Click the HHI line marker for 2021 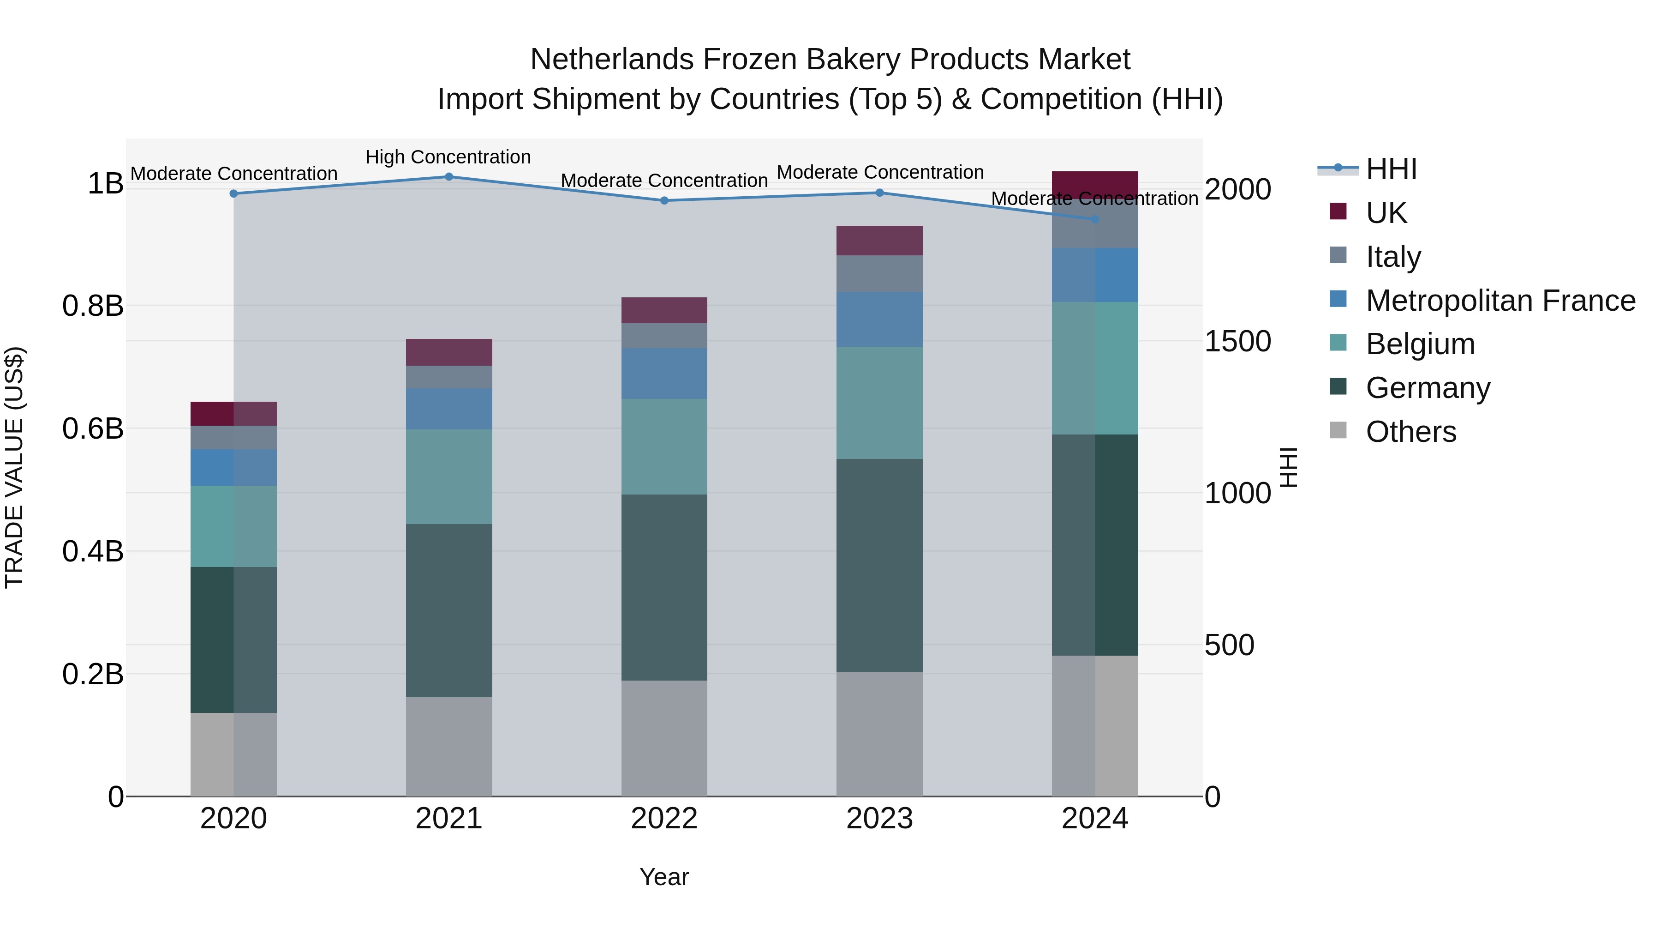[449, 177]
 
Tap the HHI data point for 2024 [1095, 219]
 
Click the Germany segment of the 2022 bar [664, 587]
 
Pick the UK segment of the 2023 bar [879, 241]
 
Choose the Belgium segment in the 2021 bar [449, 477]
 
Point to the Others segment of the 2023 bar [879, 734]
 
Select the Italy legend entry [1393, 256]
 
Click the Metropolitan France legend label [1500, 300]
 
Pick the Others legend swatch [1338, 430]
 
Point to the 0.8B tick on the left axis [93, 306]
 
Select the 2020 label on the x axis [233, 819]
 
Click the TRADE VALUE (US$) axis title [15, 467]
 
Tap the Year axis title [664, 877]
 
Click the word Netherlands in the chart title [612, 60]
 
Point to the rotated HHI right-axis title [1288, 467]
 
